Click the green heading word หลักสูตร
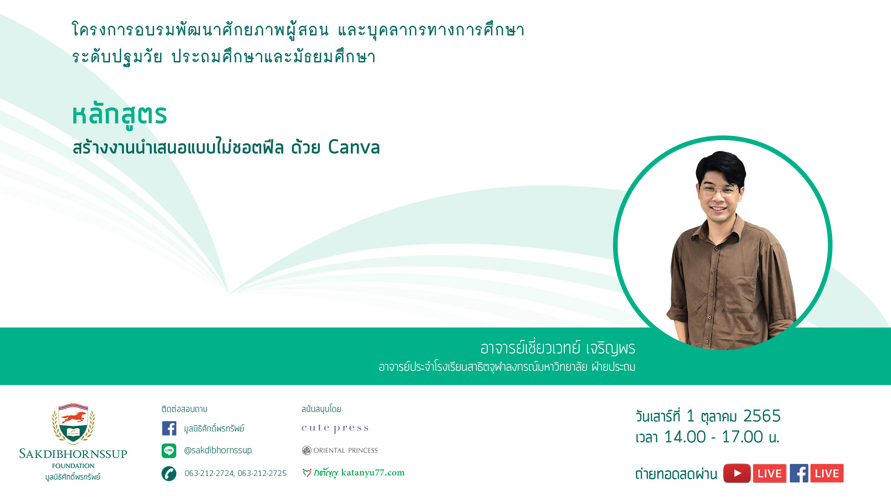(x=119, y=115)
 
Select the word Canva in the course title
(x=354, y=148)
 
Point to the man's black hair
(x=721, y=167)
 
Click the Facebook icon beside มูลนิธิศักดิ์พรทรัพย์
(x=169, y=428)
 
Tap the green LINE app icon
(x=169, y=450)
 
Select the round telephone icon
(x=169, y=474)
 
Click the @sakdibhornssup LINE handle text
(x=218, y=450)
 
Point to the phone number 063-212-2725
(x=262, y=473)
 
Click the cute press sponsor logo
(x=335, y=428)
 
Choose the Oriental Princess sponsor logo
(x=340, y=450)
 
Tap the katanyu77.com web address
(x=373, y=473)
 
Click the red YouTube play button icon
(x=737, y=473)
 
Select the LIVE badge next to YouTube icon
(x=769, y=473)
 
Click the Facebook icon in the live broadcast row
(x=799, y=473)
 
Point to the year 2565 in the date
(x=762, y=416)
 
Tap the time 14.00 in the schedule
(x=685, y=437)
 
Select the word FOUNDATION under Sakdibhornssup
(x=73, y=466)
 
